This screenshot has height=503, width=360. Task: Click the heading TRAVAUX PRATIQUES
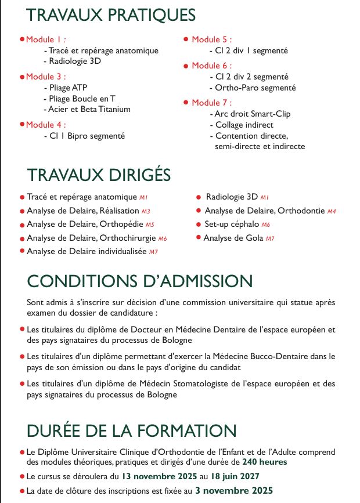111,15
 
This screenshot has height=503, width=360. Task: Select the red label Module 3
46,77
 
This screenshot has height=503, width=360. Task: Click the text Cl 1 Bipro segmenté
84,136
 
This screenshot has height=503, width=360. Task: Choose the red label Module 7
212,103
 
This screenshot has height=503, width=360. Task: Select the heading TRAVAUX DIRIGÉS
99,175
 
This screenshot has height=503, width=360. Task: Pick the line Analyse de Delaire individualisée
87,251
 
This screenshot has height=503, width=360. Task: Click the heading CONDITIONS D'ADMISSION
140,281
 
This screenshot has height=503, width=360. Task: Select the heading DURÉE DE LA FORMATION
132,430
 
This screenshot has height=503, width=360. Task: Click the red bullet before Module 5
186,39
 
